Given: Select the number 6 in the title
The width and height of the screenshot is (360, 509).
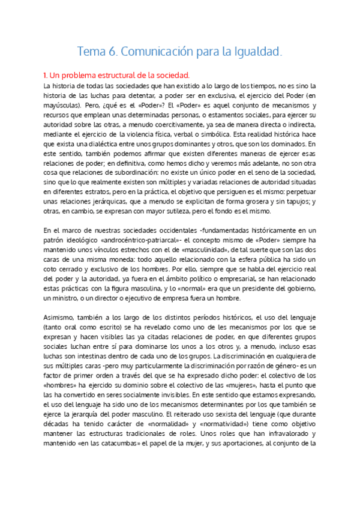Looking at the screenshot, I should click(x=113, y=52).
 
